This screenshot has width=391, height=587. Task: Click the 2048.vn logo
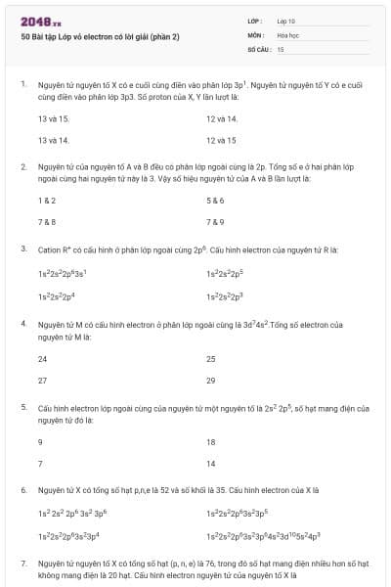coord(40,21)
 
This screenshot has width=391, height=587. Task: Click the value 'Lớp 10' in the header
coord(286,20)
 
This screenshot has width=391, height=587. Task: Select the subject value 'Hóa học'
coord(287,34)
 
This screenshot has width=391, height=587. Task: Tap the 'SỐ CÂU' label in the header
coord(258,48)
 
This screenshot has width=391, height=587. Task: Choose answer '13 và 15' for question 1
coord(47,118)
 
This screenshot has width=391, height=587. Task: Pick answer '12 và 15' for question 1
coord(222,140)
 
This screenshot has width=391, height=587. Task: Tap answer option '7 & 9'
coord(216,221)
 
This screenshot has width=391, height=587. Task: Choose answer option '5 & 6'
coord(216,200)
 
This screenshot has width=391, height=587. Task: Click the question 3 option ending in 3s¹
coord(64,274)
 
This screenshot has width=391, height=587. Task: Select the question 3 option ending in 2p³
coord(230,295)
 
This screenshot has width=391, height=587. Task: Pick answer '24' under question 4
coord(43,358)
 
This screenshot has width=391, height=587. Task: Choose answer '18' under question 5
coord(211,441)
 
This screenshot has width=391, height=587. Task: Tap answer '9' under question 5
coord(40,441)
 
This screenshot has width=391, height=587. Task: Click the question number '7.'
coord(23,564)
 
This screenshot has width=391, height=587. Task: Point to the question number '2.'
coord(23,167)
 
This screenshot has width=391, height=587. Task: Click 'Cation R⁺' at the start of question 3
coord(53,249)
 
